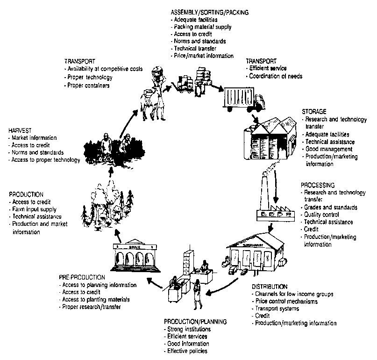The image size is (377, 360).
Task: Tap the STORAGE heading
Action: (x=313, y=113)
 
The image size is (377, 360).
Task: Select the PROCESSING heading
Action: (x=317, y=185)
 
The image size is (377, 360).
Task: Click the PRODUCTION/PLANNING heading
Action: (x=195, y=322)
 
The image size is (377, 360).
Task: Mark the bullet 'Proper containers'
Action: (x=89, y=86)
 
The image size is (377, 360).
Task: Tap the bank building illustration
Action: (x=133, y=257)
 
